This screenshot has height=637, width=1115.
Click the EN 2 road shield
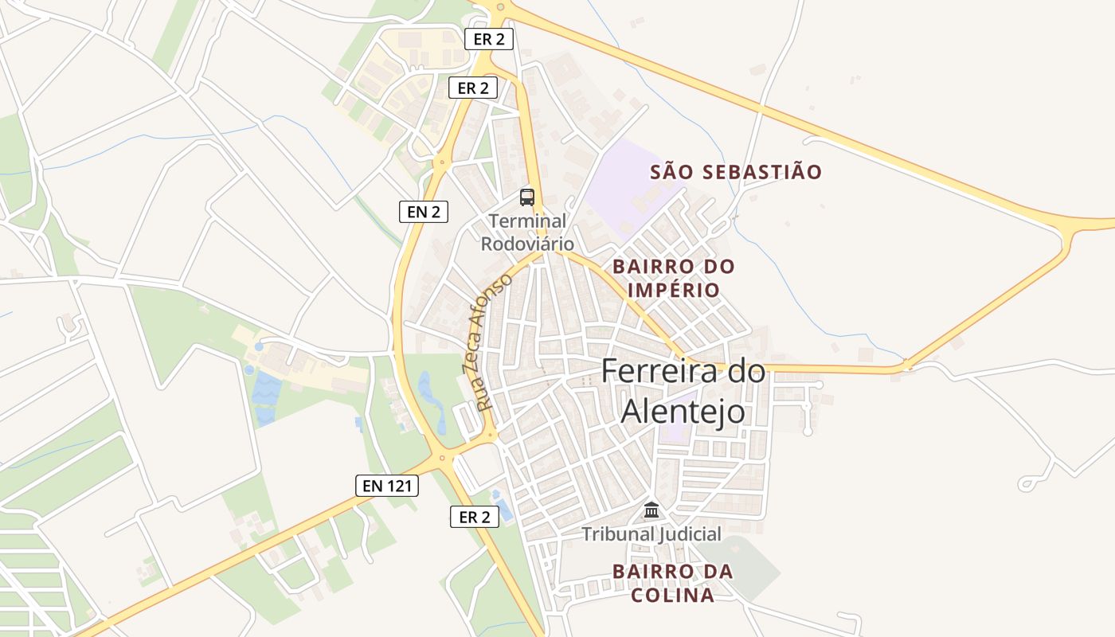pyautogui.click(x=424, y=211)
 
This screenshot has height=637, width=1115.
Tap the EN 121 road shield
pyautogui.click(x=386, y=485)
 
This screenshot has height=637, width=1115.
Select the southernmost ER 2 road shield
pyautogui.click(x=475, y=517)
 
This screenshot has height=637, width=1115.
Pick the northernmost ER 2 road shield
pyautogui.click(x=488, y=38)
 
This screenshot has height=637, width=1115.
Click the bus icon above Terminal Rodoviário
pyautogui.click(x=527, y=197)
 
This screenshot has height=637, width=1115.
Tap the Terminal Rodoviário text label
pyautogui.click(x=527, y=232)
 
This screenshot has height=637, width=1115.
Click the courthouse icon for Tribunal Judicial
pyautogui.click(x=651, y=510)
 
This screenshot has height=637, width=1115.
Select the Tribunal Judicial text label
pyautogui.click(x=651, y=533)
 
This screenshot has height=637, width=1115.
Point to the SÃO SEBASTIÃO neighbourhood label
pyautogui.click(x=736, y=172)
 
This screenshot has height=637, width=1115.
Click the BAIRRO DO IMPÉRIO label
pyautogui.click(x=673, y=278)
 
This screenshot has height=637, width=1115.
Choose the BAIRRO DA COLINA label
pyautogui.click(x=673, y=583)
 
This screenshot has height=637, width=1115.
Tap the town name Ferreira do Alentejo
pyautogui.click(x=683, y=391)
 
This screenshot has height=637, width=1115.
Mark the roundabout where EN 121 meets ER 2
pyautogui.click(x=440, y=458)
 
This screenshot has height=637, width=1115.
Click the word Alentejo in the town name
pyautogui.click(x=683, y=411)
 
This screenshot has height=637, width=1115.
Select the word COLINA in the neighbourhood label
pyautogui.click(x=673, y=596)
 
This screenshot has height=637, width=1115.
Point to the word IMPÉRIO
pyautogui.click(x=673, y=290)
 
